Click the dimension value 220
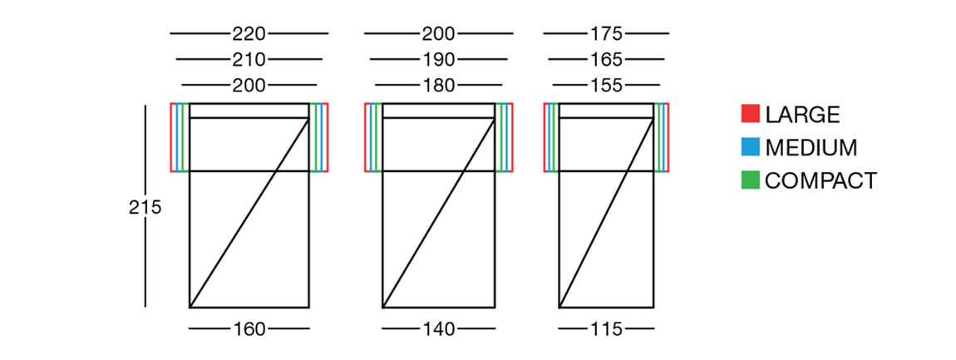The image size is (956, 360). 249,33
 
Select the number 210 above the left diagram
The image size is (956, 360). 249,60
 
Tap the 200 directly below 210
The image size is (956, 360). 249,86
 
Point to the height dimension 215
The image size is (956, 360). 145,208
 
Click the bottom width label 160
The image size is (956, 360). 249,329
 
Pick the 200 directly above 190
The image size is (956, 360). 438,33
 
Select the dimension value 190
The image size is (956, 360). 438,60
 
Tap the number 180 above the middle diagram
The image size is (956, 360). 438,86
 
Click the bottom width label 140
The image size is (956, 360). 438,329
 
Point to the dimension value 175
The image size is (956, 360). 606,33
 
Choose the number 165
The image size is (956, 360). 606,60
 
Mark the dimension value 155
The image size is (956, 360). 606,86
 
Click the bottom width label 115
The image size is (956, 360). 606,329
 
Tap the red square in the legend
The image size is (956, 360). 751,114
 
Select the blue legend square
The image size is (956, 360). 751,147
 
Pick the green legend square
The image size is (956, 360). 751,180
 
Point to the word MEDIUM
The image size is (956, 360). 811,148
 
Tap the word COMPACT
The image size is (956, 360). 821,180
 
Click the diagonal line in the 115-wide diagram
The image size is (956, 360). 607,213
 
